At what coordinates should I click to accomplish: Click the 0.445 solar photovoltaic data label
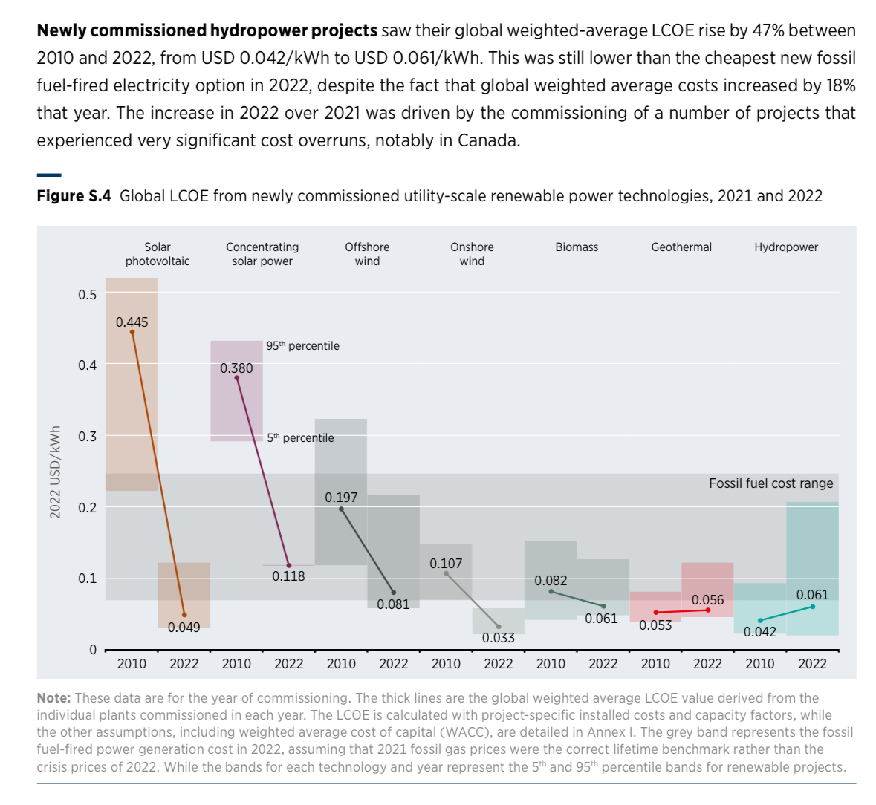point(132,322)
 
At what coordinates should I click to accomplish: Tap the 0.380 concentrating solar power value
point(236,368)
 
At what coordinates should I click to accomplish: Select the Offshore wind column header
point(367,254)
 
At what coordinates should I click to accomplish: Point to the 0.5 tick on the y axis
point(88,295)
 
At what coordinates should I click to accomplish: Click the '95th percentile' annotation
point(302,346)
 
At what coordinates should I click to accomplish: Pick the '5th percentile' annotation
point(300,438)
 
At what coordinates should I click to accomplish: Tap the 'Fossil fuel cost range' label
point(770,483)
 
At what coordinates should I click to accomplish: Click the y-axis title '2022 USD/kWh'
point(55,472)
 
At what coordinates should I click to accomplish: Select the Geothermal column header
point(681,247)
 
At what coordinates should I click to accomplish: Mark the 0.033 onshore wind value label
point(498,638)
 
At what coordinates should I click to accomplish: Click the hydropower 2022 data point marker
point(812,607)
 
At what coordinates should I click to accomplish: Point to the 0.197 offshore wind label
point(341,498)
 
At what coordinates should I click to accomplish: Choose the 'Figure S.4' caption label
point(74,196)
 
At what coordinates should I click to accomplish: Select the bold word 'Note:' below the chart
point(53,698)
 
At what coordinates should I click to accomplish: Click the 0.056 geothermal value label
point(707,600)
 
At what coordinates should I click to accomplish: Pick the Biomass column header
point(577,247)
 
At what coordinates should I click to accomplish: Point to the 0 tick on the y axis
point(93,650)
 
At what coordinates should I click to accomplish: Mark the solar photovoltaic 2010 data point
point(132,332)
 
